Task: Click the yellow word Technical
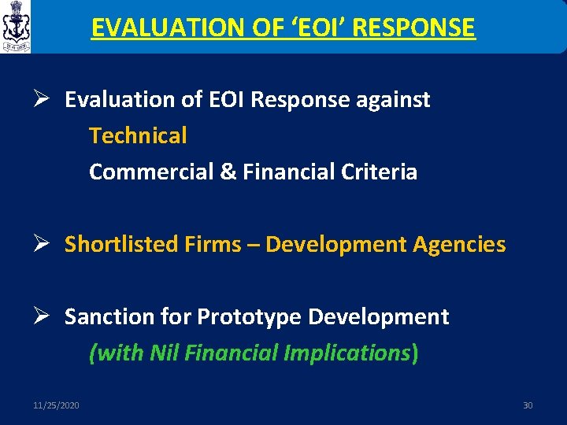click(x=138, y=135)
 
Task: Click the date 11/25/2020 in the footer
click(x=56, y=405)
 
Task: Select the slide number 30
click(x=528, y=405)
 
